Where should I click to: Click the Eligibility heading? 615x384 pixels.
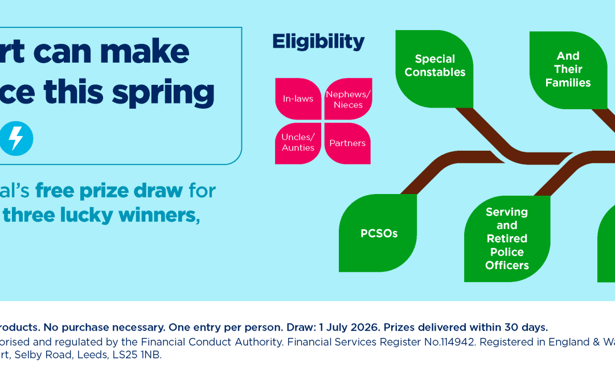pos(318,42)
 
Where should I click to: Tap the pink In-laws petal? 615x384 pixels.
pos(298,98)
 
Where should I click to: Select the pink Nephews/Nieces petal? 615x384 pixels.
pos(348,99)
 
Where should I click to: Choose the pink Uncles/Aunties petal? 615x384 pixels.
pos(298,143)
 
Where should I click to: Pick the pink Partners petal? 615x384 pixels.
pos(347,143)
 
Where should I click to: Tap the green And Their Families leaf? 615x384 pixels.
pos(568,69)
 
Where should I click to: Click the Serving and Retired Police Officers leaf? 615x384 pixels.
pos(506,238)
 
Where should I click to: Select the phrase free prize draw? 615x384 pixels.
pos(109,191)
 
